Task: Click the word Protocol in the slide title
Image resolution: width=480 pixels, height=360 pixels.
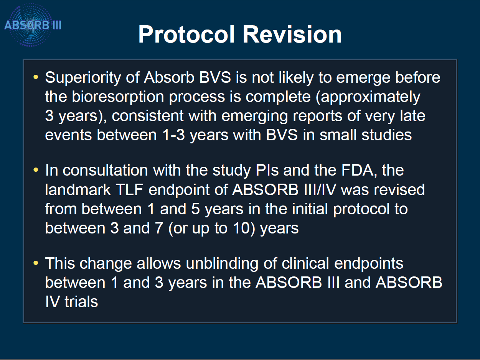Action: point(187,34)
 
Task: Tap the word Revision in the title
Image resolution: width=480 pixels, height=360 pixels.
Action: point(292,34)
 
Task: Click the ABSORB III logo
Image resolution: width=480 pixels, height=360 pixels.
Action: point(32,25)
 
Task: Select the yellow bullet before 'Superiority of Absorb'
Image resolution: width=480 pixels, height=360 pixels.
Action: point(36,77)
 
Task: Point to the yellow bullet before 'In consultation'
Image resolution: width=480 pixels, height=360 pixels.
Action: point(36,170)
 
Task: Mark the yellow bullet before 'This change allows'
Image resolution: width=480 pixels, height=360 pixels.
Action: point(36,263)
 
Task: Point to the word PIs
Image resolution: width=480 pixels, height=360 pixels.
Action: point(267,170)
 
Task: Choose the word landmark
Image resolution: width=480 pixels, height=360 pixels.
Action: point(78,190)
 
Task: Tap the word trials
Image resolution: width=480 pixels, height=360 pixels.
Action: point(81,302)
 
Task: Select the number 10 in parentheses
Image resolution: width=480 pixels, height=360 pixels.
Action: point(241,228)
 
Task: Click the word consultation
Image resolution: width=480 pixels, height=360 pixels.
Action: point(106,170)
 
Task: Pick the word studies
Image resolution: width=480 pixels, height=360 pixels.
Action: point(387,135)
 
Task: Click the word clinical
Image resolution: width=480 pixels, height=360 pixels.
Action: point(305,263)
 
